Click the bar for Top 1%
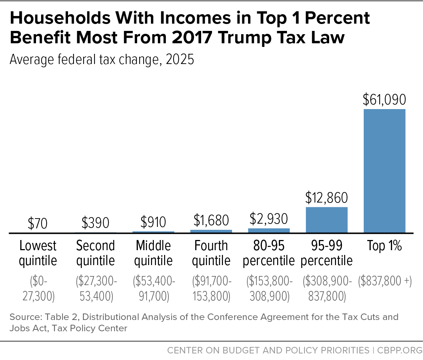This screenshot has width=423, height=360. [x=384, y=171]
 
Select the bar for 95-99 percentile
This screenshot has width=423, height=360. [x=327, y=220]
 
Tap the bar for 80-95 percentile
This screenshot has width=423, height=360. [x=269, y=230]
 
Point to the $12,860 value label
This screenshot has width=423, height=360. [x=327, y=198]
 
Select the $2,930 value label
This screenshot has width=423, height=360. [x=269, y=219]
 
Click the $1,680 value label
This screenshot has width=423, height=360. [x=211, y=220]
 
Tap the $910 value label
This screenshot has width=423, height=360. [x=153, y=222]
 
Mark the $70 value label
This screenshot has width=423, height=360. [x=37, y=224]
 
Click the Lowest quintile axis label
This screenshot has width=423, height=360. [x=38, y=253]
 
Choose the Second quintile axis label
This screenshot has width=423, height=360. [x=95, y=253]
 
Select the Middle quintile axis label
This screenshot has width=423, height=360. [x=153, y=253]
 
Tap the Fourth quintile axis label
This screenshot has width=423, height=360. [x=211, y=253]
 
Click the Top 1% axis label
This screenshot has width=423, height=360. [x=384, y=246]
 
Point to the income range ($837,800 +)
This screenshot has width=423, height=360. [x=385, y=282]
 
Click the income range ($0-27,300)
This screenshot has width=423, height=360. [x=38, y=289]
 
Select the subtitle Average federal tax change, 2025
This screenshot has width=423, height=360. [x=102, y=59]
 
